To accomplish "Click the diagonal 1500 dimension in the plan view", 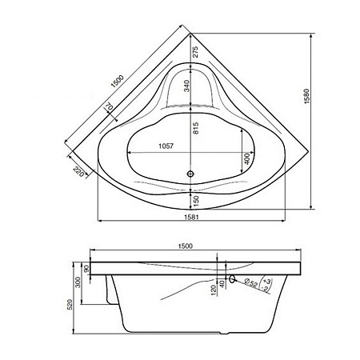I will point(117,82).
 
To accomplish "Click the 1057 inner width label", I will point(166,146).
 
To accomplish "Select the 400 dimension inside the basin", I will point(247,161).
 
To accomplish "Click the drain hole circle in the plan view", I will point(190,171).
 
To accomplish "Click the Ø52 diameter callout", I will point(250,282).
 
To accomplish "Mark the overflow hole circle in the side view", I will point(232,280).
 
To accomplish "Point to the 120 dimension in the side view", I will point(213,289).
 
